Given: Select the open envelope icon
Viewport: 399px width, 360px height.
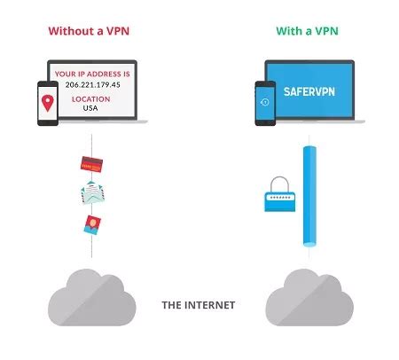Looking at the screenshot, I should point(94,193).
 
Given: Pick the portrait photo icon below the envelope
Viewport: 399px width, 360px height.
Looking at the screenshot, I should point(91,223).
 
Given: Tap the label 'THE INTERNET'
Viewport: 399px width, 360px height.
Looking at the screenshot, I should point(198,305).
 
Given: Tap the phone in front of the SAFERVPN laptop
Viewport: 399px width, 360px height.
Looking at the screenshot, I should point(264,106).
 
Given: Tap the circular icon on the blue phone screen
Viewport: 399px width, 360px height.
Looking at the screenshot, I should point(264,105).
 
